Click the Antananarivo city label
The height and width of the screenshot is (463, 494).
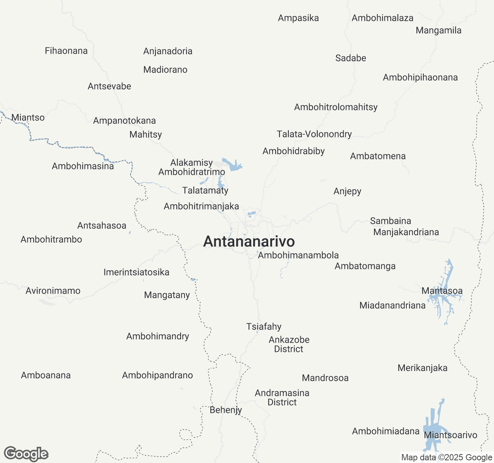[x=249, y=242]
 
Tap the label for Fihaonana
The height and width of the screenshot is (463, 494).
[x=66, y=51]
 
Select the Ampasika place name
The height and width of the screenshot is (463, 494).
[x=298, y=18]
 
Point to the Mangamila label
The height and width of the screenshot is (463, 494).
[x=438, y=30]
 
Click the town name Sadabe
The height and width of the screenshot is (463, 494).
[x=350, y=58]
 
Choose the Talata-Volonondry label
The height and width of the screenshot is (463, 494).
[x=314, y=134]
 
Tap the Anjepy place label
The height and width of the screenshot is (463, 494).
[x=347, y=191]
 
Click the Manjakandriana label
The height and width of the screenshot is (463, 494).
[x=406, y=232]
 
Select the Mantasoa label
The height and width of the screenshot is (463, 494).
[x=442, y=291]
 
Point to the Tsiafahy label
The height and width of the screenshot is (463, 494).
[x=264, y=327]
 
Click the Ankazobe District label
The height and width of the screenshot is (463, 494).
[x=289, y=345]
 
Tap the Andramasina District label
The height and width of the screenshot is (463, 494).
[x=282, y=398]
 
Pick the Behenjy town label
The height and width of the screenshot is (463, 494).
[x=226, y=410]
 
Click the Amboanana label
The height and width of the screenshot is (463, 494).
[x=46, y=375]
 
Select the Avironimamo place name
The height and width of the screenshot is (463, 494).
[x=53, y=291]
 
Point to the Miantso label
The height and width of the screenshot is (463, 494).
[x=28, y=118]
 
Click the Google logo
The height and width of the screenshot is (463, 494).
[x=26, y=454]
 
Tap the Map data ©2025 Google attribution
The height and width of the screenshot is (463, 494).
[x=447, y=458]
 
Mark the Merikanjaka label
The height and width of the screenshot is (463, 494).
[x=423, y=368]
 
